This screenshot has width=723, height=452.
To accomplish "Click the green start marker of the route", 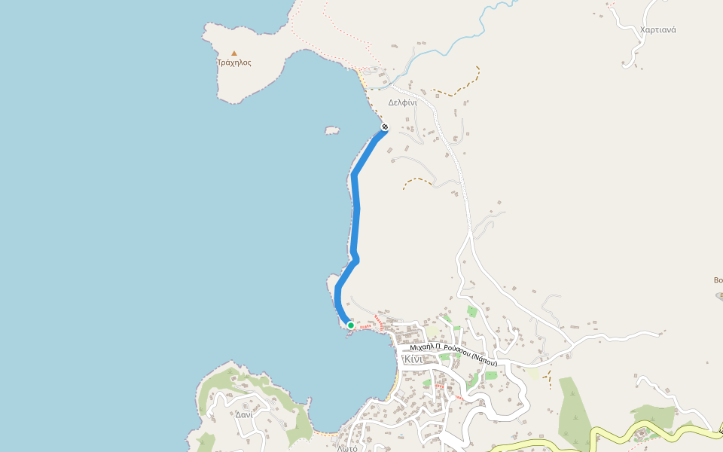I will point(351,325).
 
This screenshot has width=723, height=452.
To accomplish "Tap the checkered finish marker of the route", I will point(385,127).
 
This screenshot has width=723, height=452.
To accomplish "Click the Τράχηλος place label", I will point(234,63).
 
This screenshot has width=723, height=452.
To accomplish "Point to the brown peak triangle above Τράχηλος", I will point(234,53).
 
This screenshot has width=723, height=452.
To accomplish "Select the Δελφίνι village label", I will point(402,102).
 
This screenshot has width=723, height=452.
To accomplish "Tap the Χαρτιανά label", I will point(657,30).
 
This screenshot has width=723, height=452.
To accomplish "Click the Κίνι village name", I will point(415,359).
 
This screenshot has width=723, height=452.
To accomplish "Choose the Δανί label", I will point(243,414).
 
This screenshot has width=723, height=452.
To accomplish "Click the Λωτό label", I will point(347,447).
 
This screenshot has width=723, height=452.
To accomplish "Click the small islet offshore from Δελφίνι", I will point(332,130).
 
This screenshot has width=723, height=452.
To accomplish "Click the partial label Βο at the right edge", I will point(718,280).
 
